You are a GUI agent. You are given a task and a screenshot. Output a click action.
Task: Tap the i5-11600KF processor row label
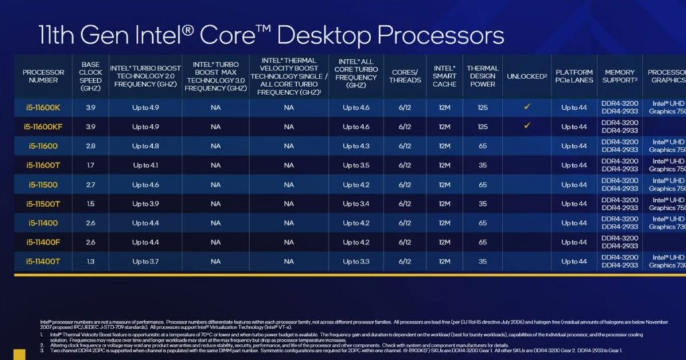(x=44, y=126)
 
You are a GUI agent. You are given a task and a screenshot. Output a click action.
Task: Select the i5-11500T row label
(x=44, y=204)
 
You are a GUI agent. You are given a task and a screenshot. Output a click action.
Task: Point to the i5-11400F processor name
(x=44, y=242)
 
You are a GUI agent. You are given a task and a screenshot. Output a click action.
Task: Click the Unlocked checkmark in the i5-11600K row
(x=527, y=107)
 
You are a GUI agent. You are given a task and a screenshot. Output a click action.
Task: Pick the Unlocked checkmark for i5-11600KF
(x=527, y=125)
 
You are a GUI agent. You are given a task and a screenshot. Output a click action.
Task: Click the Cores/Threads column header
(x=405, y=76)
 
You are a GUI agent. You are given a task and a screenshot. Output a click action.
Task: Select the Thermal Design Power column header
(x=482, y=76)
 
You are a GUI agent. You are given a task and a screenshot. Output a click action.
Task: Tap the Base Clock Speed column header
(x=90, y=76)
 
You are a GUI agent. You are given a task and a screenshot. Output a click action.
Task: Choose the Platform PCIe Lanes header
(x=574, y=76)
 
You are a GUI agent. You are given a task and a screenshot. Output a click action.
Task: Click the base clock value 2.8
(x=90, y=145)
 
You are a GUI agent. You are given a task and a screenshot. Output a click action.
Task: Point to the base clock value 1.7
(x=90, y=165)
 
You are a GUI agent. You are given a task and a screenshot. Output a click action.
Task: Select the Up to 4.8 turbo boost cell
(x=145, y=145)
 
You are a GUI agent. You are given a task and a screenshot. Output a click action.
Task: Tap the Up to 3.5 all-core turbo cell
(x=356, y=165)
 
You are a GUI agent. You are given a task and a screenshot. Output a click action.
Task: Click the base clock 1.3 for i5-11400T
(x=90, y=261)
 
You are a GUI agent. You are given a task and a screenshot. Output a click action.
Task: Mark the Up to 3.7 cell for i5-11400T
(x=145, y=261)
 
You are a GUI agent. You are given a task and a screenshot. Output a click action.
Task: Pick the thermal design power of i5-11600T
(x=482, y=165)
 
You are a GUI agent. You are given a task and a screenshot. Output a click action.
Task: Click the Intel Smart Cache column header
(x=444, y=76)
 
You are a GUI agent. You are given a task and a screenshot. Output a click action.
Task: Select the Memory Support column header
(x=620, y=76)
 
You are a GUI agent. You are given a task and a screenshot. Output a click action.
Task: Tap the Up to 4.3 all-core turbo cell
(x=356, y=145)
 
